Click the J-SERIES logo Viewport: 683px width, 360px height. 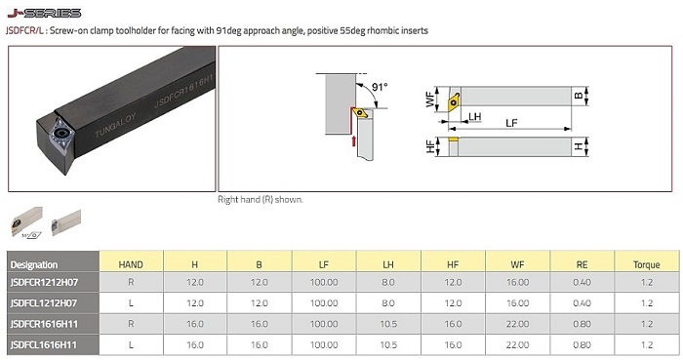click(x=44, y=13)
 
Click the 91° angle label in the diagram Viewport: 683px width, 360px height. click(x=380, y=87)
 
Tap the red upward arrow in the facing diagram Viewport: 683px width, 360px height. click(x=353, y=141)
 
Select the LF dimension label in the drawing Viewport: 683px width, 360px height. click(x=511, y=123)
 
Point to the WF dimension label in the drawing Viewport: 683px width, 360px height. click(x=430, y=100)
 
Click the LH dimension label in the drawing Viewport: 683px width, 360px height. click(x=475, y=116)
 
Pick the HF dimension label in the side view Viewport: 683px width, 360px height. click(x=430, y=146)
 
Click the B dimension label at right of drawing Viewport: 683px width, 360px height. click(x=579, y=96)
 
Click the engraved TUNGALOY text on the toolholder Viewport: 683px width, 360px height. click(x=115, y=126)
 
